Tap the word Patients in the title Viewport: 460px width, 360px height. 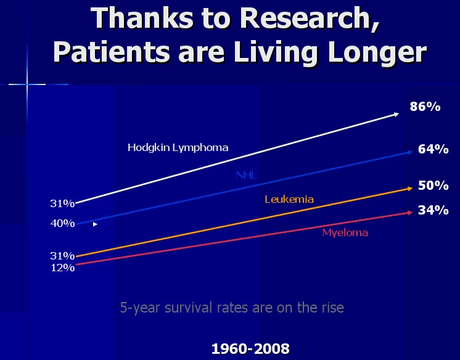(x=112, y=52)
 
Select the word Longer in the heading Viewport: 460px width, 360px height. (x=377, y=54)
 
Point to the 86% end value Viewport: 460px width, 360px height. (x=425, y=107)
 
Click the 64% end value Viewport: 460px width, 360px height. (x=433, y=149)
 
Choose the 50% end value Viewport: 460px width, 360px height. (x=433, y=186)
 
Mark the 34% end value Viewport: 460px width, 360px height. (x=433, y=210)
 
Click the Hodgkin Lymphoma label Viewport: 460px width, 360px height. (x=178, y=147)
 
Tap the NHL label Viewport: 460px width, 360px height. (x=246, y=176)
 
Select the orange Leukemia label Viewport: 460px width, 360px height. (x=289, y=200)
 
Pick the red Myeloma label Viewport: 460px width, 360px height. (x=345, y=233)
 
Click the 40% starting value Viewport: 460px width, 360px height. (x=62, y=224)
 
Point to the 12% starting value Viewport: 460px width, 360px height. (x=63, y=268)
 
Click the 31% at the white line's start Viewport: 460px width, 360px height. (x=62, y=203)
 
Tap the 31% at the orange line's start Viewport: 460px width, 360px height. (x=62, y=256)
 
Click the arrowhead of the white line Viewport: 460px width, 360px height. (x=396, y=114)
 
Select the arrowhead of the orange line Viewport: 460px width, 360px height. (x=410, y=189)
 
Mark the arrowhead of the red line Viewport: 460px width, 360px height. (x=410, y=213)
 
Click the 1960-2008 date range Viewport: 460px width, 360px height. (x=250, y=349)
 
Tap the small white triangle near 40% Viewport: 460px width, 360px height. (x=95, y=224)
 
